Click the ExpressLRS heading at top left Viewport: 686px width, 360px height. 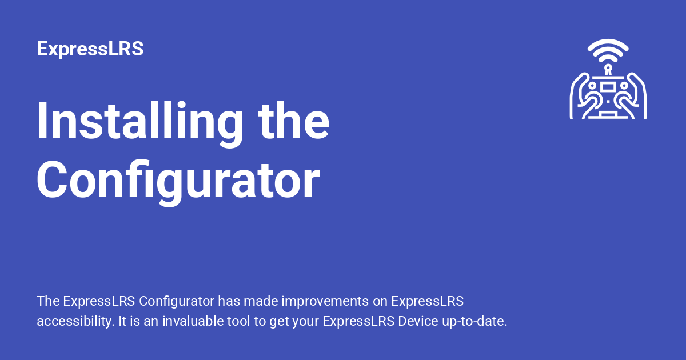90,49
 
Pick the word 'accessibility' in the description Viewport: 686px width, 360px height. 74,321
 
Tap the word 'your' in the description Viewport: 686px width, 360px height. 306,321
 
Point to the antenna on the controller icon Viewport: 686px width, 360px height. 608,69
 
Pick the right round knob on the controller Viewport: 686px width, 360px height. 623,86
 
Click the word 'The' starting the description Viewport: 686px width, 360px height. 48,301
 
